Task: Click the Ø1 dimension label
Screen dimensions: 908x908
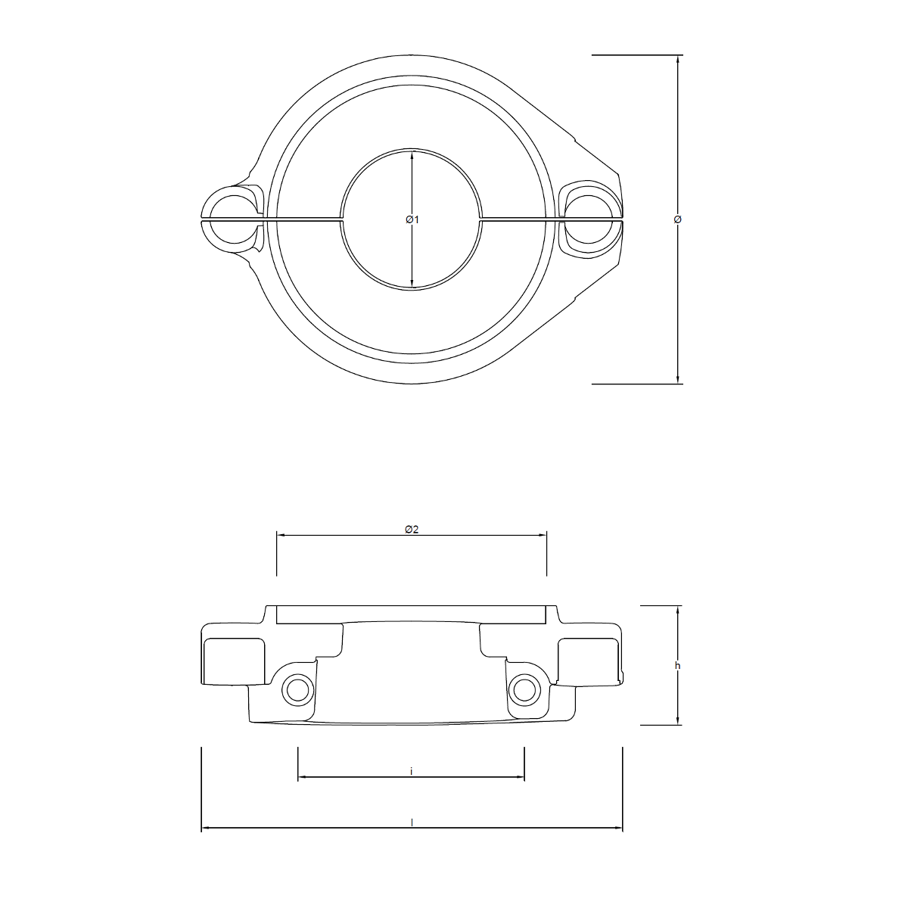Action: coord(412,219)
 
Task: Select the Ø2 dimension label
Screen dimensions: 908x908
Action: coord(412,530)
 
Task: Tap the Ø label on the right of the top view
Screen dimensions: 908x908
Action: coord(677,219)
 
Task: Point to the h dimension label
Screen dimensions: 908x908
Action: coord(677,666)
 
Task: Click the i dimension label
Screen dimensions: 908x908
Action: coord(411,771)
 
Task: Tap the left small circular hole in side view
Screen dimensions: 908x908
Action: coord(296,689)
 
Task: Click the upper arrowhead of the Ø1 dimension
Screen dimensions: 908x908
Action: coord(412,156)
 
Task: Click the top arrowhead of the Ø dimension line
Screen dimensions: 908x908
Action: coord(677,60)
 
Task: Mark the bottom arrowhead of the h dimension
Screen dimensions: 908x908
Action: coord(677,720)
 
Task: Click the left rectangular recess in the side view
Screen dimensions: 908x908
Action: coord(234,658)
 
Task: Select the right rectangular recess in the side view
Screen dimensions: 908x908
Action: coord(589,658)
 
